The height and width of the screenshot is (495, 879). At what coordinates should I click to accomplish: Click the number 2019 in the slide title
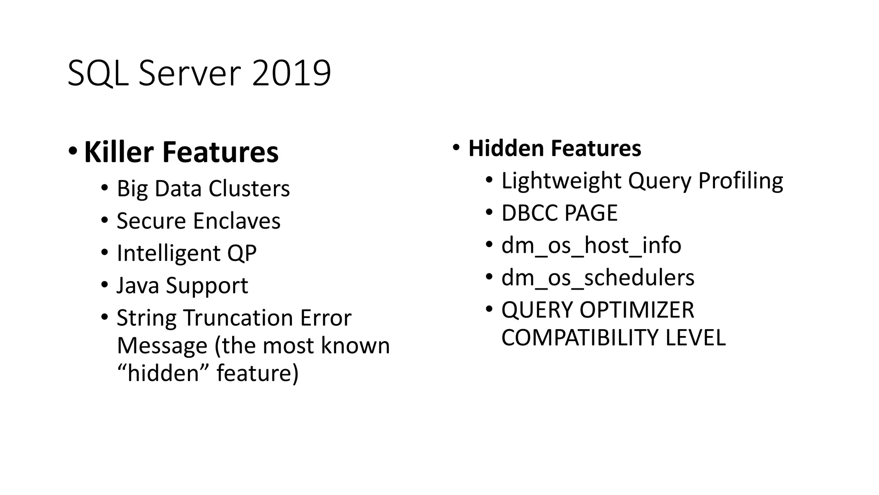click(291, 73)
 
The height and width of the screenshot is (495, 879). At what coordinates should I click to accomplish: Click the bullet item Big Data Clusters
click(203, 189)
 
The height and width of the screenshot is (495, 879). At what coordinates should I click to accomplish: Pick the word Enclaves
click(236, 221)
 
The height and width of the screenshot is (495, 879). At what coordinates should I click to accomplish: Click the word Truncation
click(238, 318)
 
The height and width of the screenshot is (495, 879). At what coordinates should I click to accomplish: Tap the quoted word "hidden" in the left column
click(164, 373)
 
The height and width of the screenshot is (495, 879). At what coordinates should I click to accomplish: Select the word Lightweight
click(561, 180)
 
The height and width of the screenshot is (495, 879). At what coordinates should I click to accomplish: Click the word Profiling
click(740, 180)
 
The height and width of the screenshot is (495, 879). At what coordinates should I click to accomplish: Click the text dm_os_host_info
click(591, 245)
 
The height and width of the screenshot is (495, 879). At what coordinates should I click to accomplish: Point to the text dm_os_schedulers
click(597, 278)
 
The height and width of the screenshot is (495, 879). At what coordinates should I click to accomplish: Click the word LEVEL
click(695, 337)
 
